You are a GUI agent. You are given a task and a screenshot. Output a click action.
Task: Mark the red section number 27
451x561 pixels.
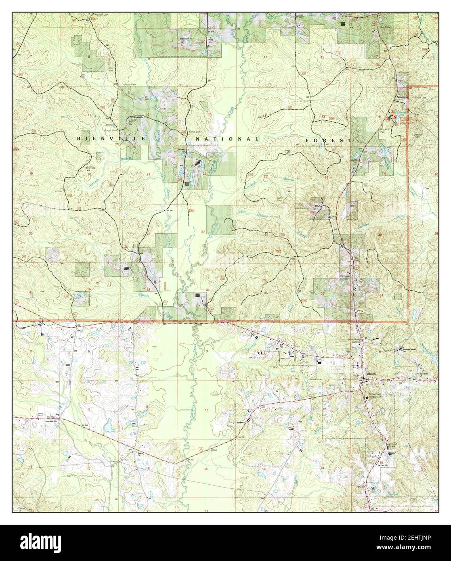[203, 232]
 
